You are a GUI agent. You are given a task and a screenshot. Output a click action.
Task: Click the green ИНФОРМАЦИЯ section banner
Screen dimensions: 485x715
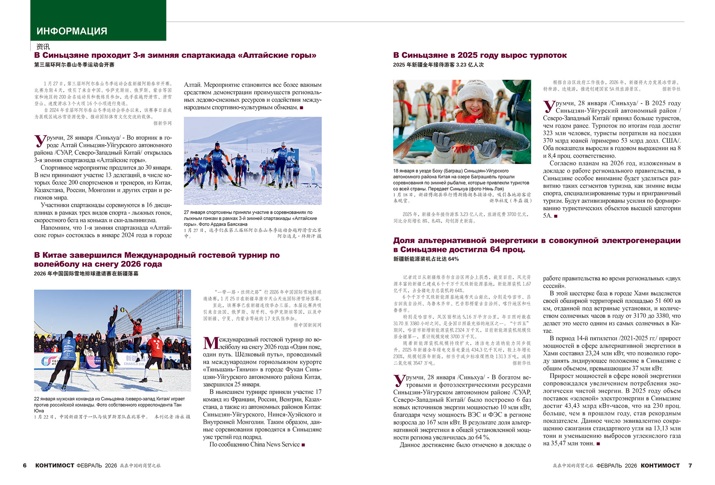click(x=98, y=20)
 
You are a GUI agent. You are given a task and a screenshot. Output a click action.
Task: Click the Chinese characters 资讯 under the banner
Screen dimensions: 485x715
click(x=43, y=47)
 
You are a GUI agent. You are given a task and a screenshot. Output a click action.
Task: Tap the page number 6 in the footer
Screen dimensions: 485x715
click(x=25, y=465)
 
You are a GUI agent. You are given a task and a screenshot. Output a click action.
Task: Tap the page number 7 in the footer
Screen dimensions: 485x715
click(x=690, y=465)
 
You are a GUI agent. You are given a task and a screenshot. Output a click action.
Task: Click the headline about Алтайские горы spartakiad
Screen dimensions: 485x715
click(x=175, y=55)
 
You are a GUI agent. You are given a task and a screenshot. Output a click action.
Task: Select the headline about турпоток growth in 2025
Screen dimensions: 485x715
click(x=480, y=55)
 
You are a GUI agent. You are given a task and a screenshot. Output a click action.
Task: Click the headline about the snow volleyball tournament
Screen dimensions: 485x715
click(x=156, y=259)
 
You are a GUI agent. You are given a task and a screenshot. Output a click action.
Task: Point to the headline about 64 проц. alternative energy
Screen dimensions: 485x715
click(x=536, y=245)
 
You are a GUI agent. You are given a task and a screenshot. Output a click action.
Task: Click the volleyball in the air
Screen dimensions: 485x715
click(x=122, y=310)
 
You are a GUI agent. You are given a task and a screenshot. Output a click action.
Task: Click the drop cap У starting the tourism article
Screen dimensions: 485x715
click(x=549, y=107)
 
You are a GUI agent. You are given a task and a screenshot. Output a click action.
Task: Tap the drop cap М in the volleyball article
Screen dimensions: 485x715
click(x=211, y=343)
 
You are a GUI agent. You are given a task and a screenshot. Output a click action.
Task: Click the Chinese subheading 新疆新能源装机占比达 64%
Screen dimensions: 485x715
click(x=426, y=259)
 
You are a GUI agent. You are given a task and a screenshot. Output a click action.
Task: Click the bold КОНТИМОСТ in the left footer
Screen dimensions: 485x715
click(x=55, y=465)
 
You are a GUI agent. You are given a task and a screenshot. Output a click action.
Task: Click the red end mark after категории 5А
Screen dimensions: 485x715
click(x=556, y=216)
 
